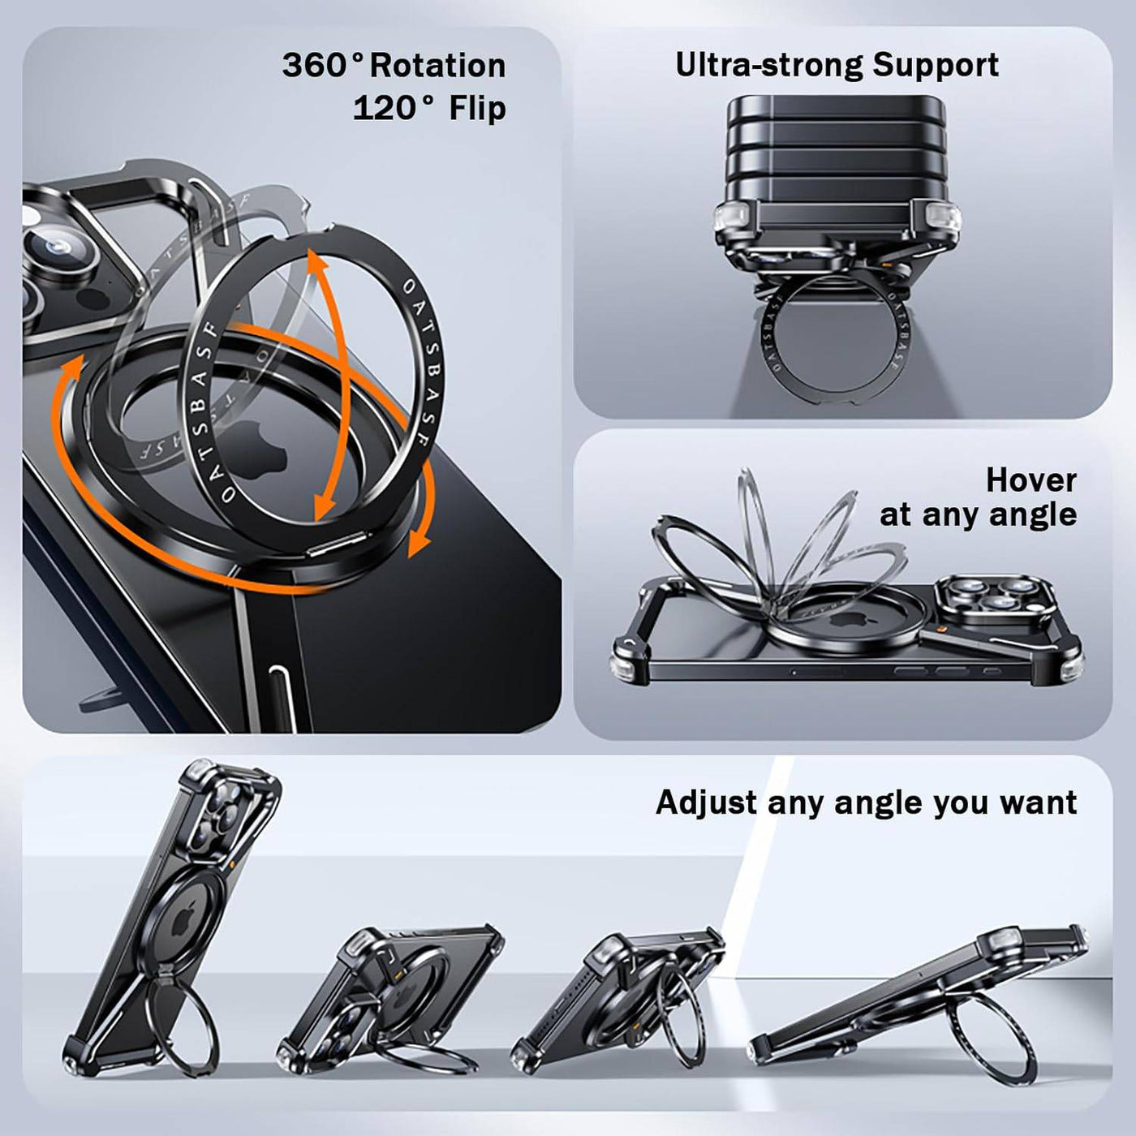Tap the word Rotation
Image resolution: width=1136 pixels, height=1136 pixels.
[x=438, y=66]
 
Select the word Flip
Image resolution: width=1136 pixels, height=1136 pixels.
[x=477, y=109]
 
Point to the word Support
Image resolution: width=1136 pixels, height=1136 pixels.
[x=936, y=67]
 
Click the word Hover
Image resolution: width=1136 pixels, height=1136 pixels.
[x=1031, y=480]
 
